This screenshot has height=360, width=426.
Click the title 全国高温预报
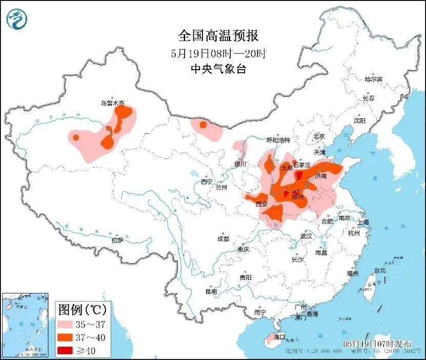point(218,35)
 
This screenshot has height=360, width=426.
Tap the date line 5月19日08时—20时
point(218,53)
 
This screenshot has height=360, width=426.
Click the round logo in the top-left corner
point(16,19)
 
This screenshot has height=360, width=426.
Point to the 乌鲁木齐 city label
point(112,103)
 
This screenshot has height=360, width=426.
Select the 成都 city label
point(223,239)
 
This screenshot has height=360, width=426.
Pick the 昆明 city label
point(211,291)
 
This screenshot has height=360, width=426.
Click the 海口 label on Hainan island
point(279,338)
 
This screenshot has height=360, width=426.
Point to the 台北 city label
point(379,270)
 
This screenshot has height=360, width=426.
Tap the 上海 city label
point(363,222)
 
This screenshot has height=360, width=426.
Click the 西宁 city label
point(207,181)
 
